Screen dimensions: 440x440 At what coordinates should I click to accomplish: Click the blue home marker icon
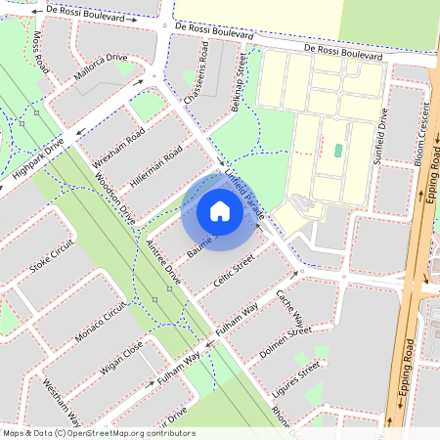pos(220,210)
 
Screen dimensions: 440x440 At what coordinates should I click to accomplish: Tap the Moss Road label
pos(40,52)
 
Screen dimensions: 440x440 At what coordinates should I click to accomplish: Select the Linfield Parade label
pos(244,182)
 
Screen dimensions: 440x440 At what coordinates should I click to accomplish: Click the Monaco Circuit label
pos(102,320)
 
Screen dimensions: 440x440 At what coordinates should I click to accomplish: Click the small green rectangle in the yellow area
pos(338,152)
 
